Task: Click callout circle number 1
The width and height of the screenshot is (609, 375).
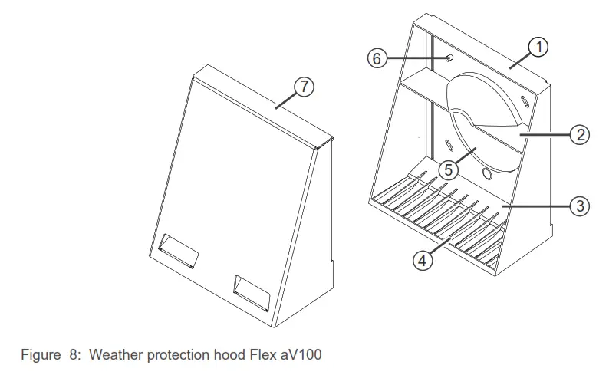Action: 539,48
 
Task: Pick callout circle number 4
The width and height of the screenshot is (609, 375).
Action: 422,260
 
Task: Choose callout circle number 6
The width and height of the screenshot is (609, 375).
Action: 377,58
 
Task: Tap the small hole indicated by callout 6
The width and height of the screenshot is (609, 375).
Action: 449,58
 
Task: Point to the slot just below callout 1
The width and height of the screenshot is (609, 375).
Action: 523,100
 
